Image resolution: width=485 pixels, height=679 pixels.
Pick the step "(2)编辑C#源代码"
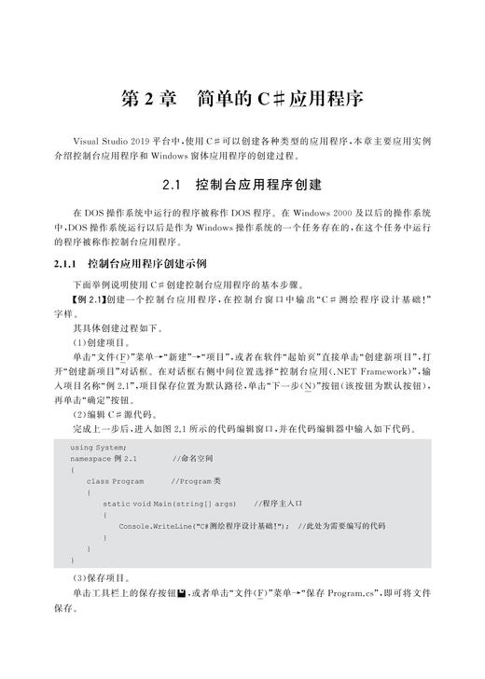pos(113,413)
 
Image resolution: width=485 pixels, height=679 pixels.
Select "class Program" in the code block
pos(115,481)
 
